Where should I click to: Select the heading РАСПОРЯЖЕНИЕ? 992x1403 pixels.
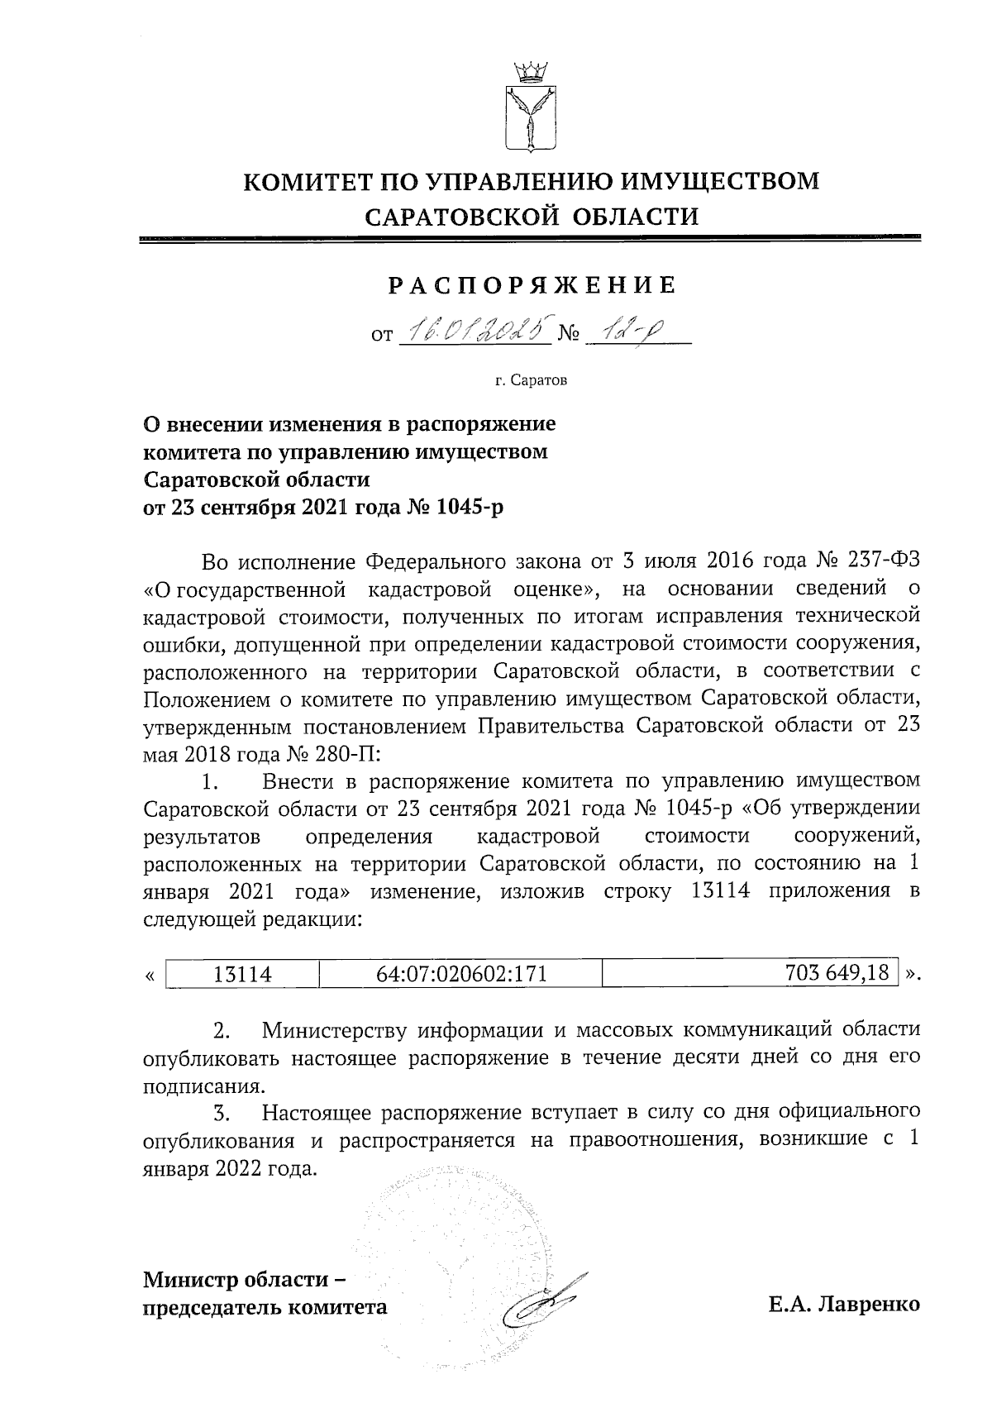532,286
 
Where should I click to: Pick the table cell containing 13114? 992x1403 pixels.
242,973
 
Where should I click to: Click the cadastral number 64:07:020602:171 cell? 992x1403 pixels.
461,973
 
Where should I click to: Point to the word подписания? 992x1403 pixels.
193,1086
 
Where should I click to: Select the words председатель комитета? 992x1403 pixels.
265,1307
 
